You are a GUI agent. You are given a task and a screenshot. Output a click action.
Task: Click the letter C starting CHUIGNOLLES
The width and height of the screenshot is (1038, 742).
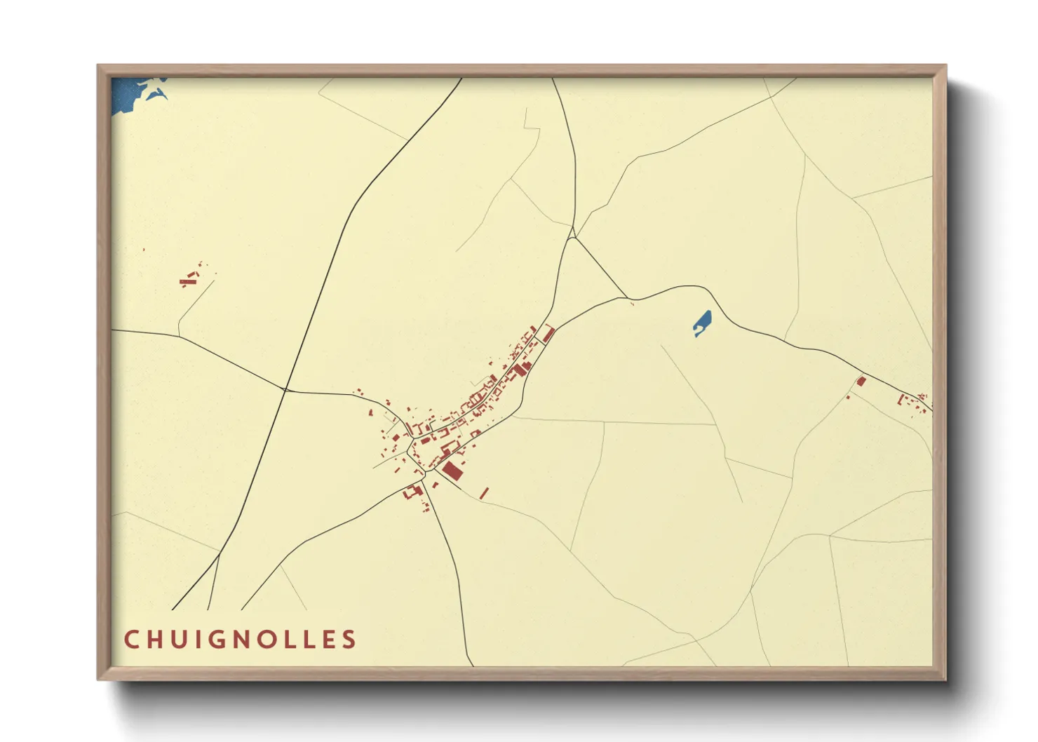131,640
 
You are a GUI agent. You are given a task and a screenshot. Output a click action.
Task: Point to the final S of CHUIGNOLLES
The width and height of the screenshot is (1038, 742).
349,640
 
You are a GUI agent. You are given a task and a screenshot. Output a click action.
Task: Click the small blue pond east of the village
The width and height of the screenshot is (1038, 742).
703,323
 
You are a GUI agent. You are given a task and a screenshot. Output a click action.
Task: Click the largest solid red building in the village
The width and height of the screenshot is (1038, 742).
452,469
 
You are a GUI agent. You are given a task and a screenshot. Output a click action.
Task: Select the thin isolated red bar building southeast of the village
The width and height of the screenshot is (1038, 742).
484,493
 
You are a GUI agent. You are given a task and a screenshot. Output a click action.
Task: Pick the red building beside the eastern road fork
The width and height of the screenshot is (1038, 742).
861,382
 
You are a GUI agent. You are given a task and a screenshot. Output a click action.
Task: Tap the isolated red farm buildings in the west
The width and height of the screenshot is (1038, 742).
188,281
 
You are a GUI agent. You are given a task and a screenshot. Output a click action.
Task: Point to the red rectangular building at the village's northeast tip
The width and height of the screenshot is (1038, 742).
549,332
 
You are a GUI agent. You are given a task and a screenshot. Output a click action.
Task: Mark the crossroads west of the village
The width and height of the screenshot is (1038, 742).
285,389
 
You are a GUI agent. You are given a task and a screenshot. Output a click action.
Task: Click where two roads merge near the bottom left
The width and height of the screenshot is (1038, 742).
219,556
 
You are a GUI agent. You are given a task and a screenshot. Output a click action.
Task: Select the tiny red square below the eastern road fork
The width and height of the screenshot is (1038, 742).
848,398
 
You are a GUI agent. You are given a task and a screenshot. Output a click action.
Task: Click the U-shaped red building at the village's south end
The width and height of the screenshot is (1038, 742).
412,492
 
